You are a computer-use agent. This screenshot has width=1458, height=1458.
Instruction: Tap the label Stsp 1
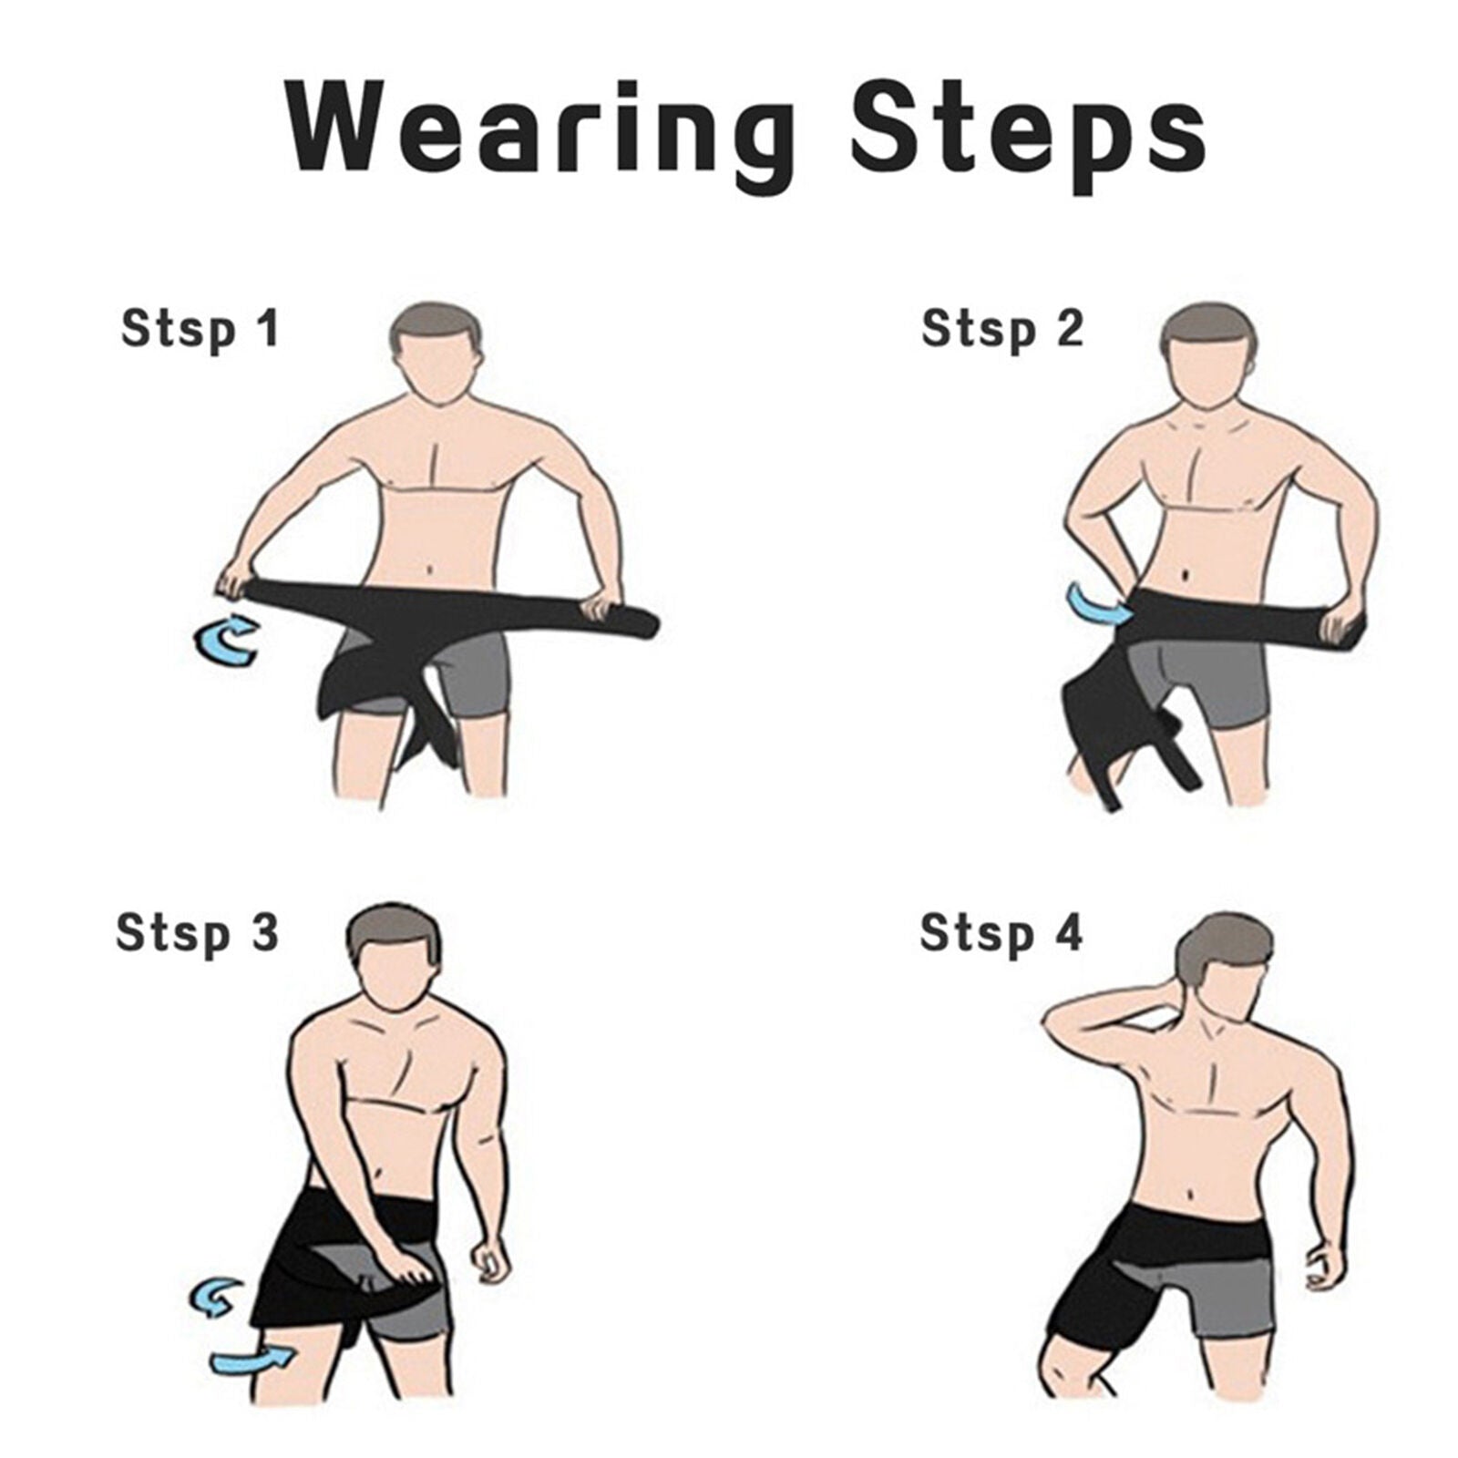[200, 329]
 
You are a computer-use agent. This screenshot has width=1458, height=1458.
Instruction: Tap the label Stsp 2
[1001, 329]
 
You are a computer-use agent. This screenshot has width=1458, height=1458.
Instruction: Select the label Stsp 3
[197, 933]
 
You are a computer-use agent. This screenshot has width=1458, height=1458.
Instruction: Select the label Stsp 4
[1001, 933]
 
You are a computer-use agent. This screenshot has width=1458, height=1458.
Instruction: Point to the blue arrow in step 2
[1097, 602]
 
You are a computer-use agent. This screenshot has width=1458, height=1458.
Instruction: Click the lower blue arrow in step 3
[250, 1360]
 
